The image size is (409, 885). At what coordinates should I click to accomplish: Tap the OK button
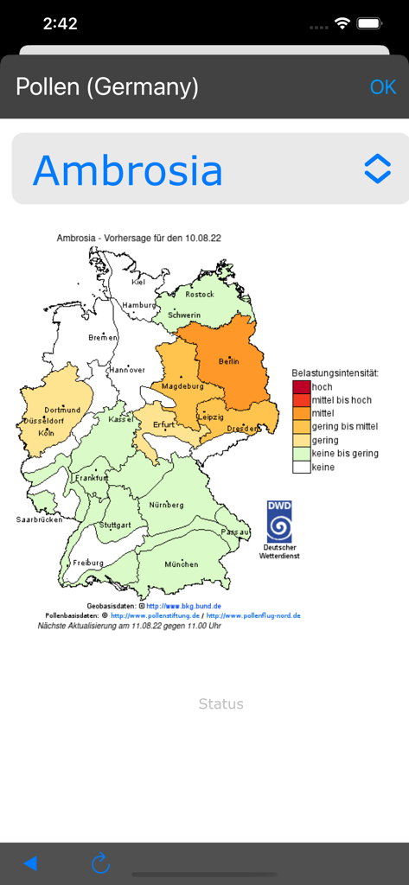pyautogui.click(x=383, y=87)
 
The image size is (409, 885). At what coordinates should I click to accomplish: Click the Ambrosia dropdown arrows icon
pyautogui.click(x=378, y=169)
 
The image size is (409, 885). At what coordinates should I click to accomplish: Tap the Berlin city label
pyautogui.click(x=228, y=360)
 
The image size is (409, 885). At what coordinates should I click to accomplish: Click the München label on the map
pyautogui.click(x=181, y=564)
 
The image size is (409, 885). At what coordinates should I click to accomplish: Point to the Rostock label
pyautogui.click(x=199, y=295)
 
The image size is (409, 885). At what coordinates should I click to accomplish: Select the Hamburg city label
pyautogui.click(x=138, y=305)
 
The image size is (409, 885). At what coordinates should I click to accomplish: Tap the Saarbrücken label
pyautogui.click(x=39, y=519)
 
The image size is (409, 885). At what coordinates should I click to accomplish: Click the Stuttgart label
pyautogui.click(x=115, y=525)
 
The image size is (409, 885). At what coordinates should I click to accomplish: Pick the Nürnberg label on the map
pyautogui.click(x=166, y=505)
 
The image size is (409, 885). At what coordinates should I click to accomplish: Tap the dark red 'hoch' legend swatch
pyautogui.click(x=301, y=387)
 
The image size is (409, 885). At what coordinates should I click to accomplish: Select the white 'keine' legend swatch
pyautogui.click(x=301, y=467)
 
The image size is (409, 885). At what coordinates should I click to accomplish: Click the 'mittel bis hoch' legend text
pyautogui.click(x=342, y=400)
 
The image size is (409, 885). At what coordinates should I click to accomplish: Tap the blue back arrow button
pyautogui.click(x=30, y=863)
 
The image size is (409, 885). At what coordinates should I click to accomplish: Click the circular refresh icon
pyautogui.click(x=101, y=863)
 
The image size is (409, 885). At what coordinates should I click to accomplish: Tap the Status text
pyautogui.click(x=221, y=704)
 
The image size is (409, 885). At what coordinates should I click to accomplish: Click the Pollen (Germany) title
pyautogui.click(x=107, y=87)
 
